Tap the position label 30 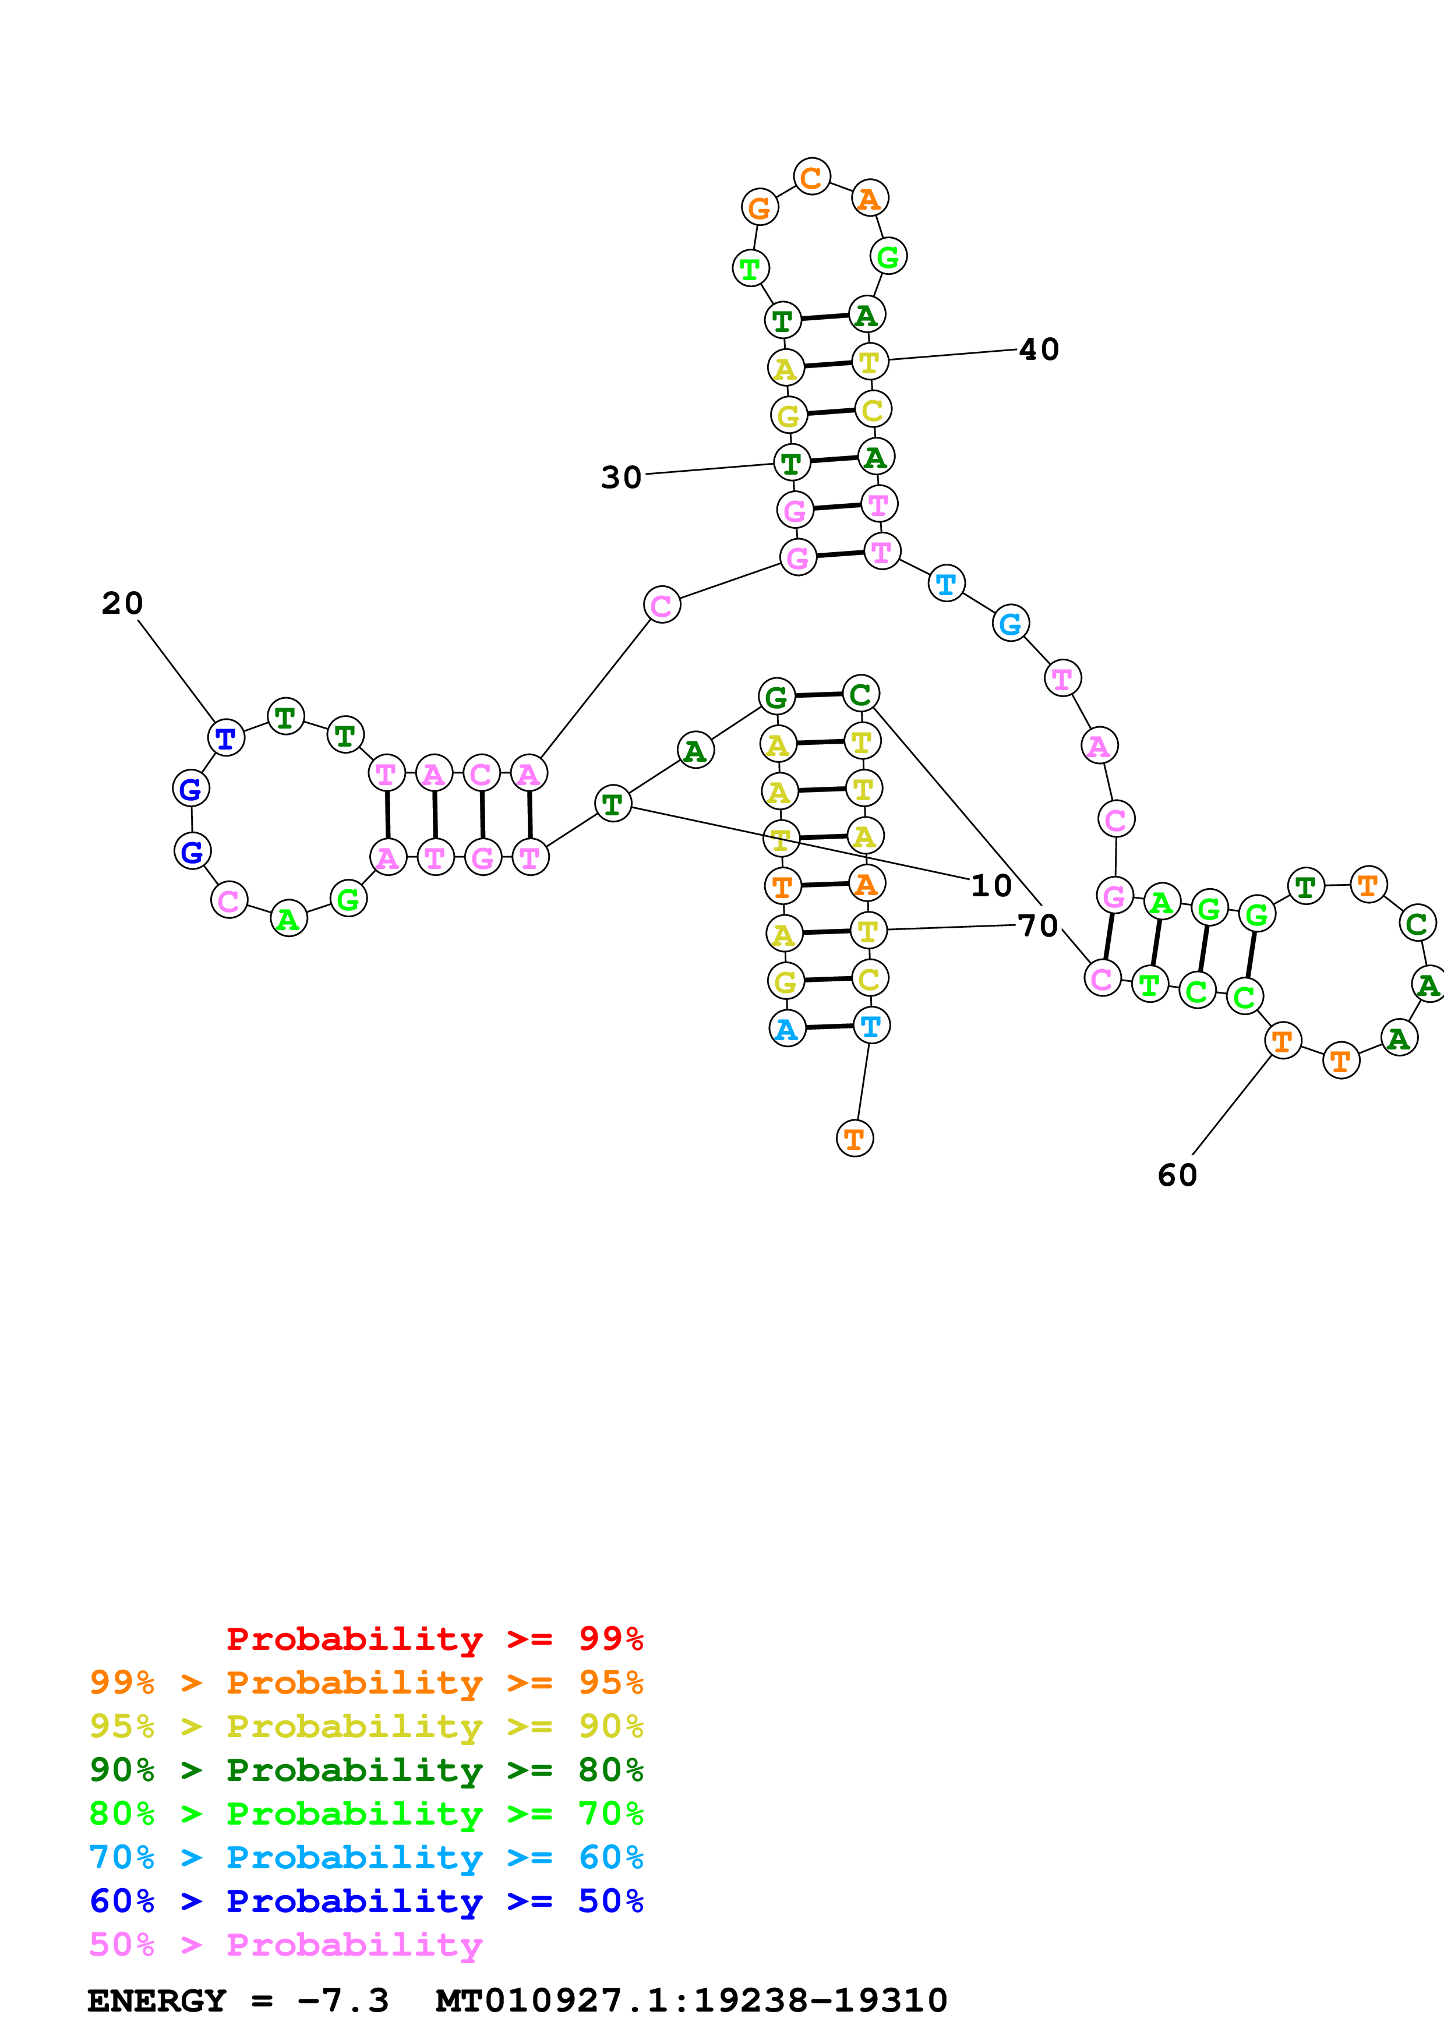tap(621, 478)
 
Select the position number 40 tap(1039, 349)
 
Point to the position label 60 tap(1177, 1175)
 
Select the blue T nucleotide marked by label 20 tap(226, 738)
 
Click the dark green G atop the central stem tap(776, 697)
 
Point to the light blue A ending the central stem tap(786, 1030)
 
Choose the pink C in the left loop tap(229, 900)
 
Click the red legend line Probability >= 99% tap(435, 1639)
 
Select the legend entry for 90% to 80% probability tap(366, 1770)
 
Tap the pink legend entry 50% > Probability tap(285, 1945)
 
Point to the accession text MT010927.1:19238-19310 tap(691, 2001)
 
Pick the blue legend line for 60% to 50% tap(366, 1901)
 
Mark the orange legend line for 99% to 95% tap(366, 1683)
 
